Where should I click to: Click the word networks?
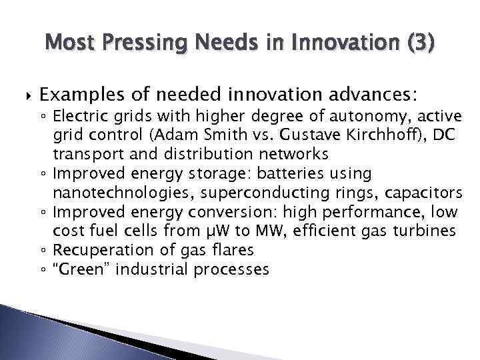tap(292, 155)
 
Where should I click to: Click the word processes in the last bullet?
tap(229, 270)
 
